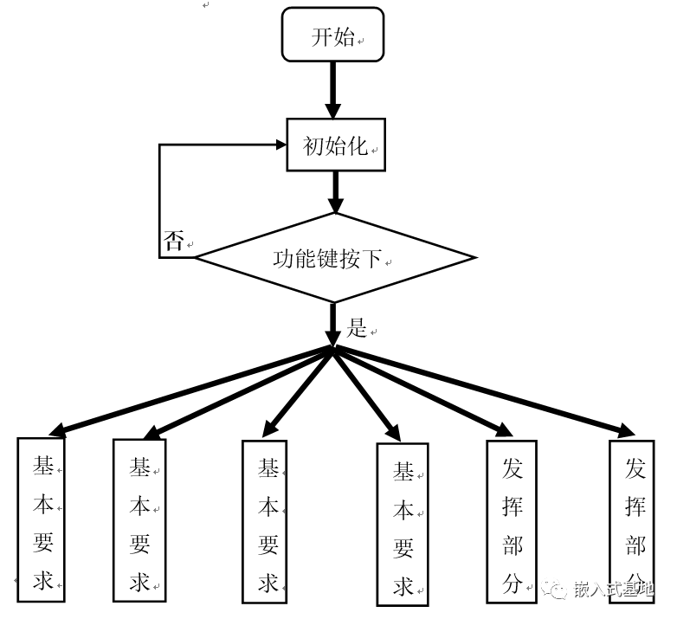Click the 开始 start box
(333, 37)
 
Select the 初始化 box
(336, 145)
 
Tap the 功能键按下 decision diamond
(334, 258)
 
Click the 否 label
(174, 242)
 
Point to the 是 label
(357, 328)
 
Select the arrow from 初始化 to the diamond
(335, 191)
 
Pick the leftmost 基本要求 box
(42, 519)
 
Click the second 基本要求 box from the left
(139, 520)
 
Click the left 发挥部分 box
(512, 520)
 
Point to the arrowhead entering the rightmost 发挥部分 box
(625, 430)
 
